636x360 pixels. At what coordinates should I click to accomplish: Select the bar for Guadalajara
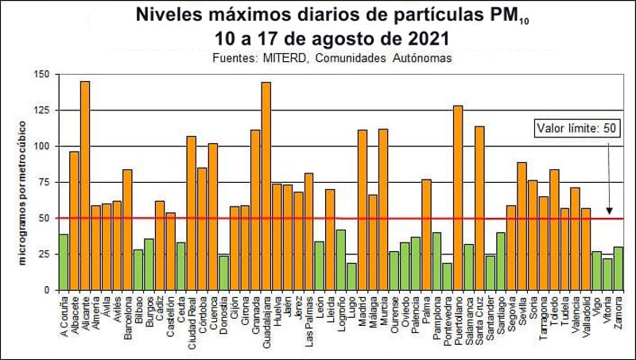266,186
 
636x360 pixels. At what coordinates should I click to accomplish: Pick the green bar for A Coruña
64,262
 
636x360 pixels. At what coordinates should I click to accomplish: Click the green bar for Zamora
619,269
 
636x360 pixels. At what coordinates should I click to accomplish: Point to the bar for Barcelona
127,230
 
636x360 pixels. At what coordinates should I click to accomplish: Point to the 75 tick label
44,182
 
